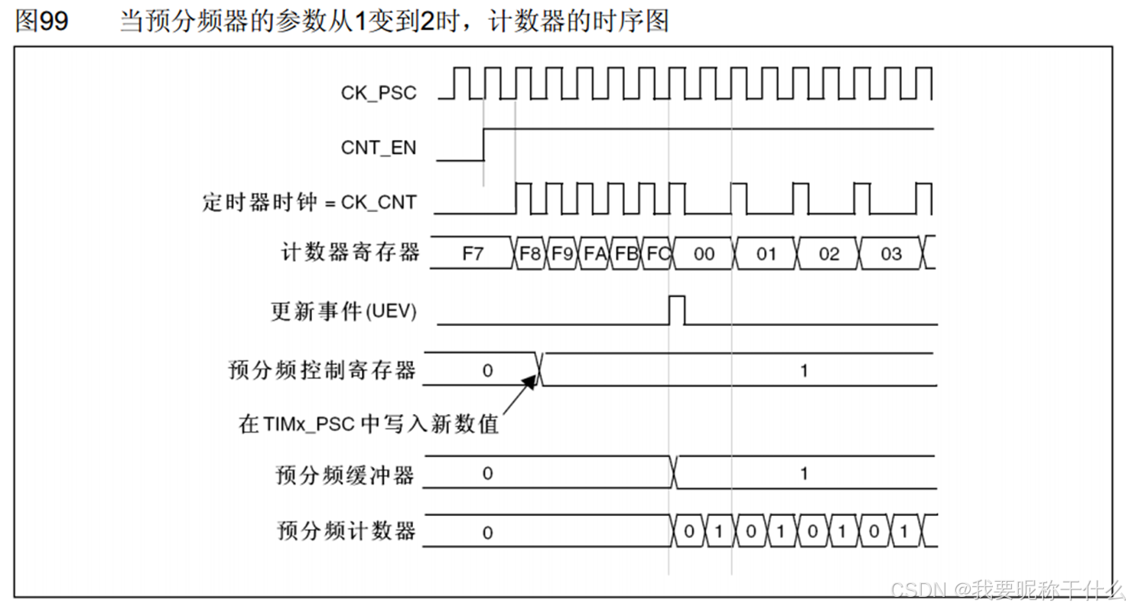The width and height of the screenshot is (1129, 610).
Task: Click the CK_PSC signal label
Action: pos(379,93)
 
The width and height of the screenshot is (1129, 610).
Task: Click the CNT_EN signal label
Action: pos(379,147)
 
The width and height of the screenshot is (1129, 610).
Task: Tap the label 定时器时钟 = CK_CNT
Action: pos(310,203)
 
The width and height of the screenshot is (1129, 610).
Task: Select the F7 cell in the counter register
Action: pos(473,253)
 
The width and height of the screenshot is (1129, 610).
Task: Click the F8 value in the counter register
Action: pos(530,253)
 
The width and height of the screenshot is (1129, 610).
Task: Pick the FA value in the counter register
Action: pos(594,253)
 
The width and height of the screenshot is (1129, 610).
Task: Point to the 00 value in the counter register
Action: pos(703,253)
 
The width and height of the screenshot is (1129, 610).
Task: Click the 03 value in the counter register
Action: pos(891,253)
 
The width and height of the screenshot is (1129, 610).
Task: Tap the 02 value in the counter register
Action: pos(828,253)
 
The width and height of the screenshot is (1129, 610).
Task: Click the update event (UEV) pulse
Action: pos(678,309)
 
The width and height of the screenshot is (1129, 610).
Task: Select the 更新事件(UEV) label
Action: pos(343,312)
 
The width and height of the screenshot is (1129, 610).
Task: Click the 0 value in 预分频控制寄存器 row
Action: pos(487,370)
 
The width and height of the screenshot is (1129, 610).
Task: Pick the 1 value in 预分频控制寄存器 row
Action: pos(803,370)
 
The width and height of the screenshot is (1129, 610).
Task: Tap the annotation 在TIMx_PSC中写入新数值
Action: pos(369,423)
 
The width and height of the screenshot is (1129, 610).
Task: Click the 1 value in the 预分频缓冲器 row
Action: pos(803,474)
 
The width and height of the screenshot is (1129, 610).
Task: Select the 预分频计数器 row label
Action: pos(346,530)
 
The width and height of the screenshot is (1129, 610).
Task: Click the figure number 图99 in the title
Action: pos(42,21)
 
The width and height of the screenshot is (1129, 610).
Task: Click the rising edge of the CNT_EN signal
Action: pos(484,145)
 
